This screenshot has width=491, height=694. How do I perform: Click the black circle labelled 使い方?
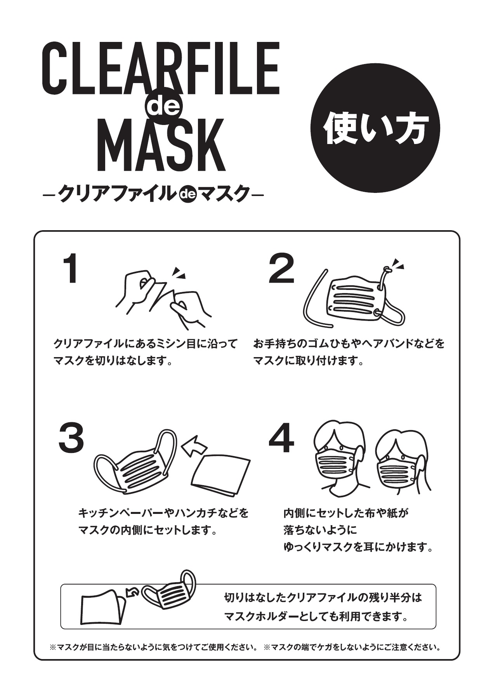(376, 128)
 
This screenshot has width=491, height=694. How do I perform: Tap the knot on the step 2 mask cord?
(387, 270)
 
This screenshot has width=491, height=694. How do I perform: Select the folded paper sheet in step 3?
(221, 475)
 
